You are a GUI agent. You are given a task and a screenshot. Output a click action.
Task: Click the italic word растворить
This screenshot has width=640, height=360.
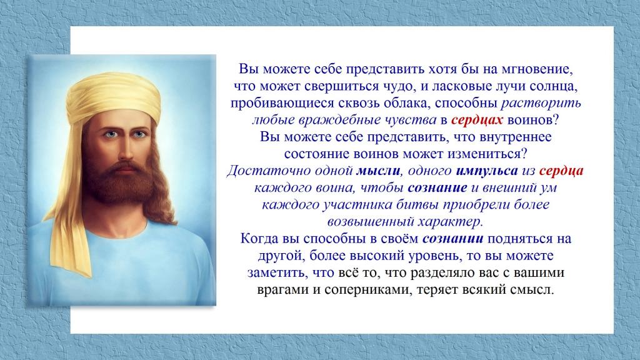pos(541,103)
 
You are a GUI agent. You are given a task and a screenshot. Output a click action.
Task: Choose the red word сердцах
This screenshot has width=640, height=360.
pos(477,120)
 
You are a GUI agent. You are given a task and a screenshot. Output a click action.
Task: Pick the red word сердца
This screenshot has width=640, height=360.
pos(561,171)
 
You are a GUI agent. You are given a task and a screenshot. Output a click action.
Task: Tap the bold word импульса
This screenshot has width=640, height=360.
pos(486,171)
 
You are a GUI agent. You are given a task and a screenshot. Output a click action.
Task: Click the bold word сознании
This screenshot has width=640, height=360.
pos(452,238)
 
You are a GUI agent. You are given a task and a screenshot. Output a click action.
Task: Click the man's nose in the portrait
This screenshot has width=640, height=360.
pos(126,149)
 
